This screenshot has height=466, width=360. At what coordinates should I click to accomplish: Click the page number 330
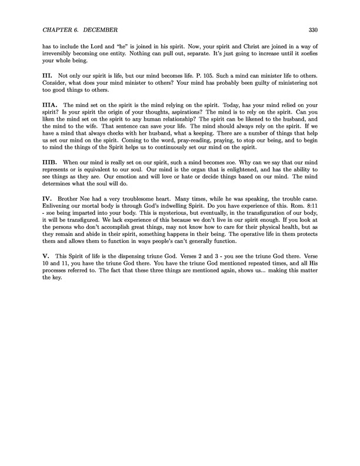click(x=313, y=30)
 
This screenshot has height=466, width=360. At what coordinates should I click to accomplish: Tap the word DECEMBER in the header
click(x=105, y=30)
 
